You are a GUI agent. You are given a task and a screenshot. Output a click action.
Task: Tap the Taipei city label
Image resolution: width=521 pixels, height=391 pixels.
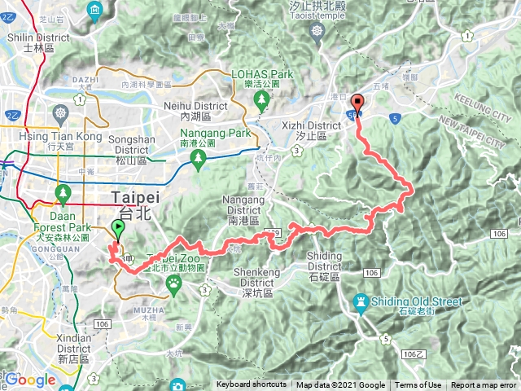(136, 197)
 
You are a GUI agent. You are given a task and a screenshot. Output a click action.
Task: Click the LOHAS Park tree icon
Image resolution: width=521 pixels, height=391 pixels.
(261, 100)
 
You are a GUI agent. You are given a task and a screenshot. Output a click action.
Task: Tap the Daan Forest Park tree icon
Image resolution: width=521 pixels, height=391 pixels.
(63, 194)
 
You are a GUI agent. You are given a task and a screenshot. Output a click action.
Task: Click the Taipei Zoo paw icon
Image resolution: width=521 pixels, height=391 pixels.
(173, 282)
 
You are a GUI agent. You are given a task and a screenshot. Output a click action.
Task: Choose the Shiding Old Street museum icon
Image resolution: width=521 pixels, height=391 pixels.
(361, 302)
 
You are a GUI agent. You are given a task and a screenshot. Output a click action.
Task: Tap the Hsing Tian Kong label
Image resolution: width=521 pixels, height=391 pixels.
(50, 134)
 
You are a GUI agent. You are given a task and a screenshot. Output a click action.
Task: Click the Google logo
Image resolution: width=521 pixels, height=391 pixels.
(30, 380)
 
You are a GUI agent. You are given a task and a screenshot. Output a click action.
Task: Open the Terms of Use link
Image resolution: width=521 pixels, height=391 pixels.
(418, 385)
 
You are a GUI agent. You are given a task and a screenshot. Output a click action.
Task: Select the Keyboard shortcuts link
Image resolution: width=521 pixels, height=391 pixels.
(251, 385)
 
